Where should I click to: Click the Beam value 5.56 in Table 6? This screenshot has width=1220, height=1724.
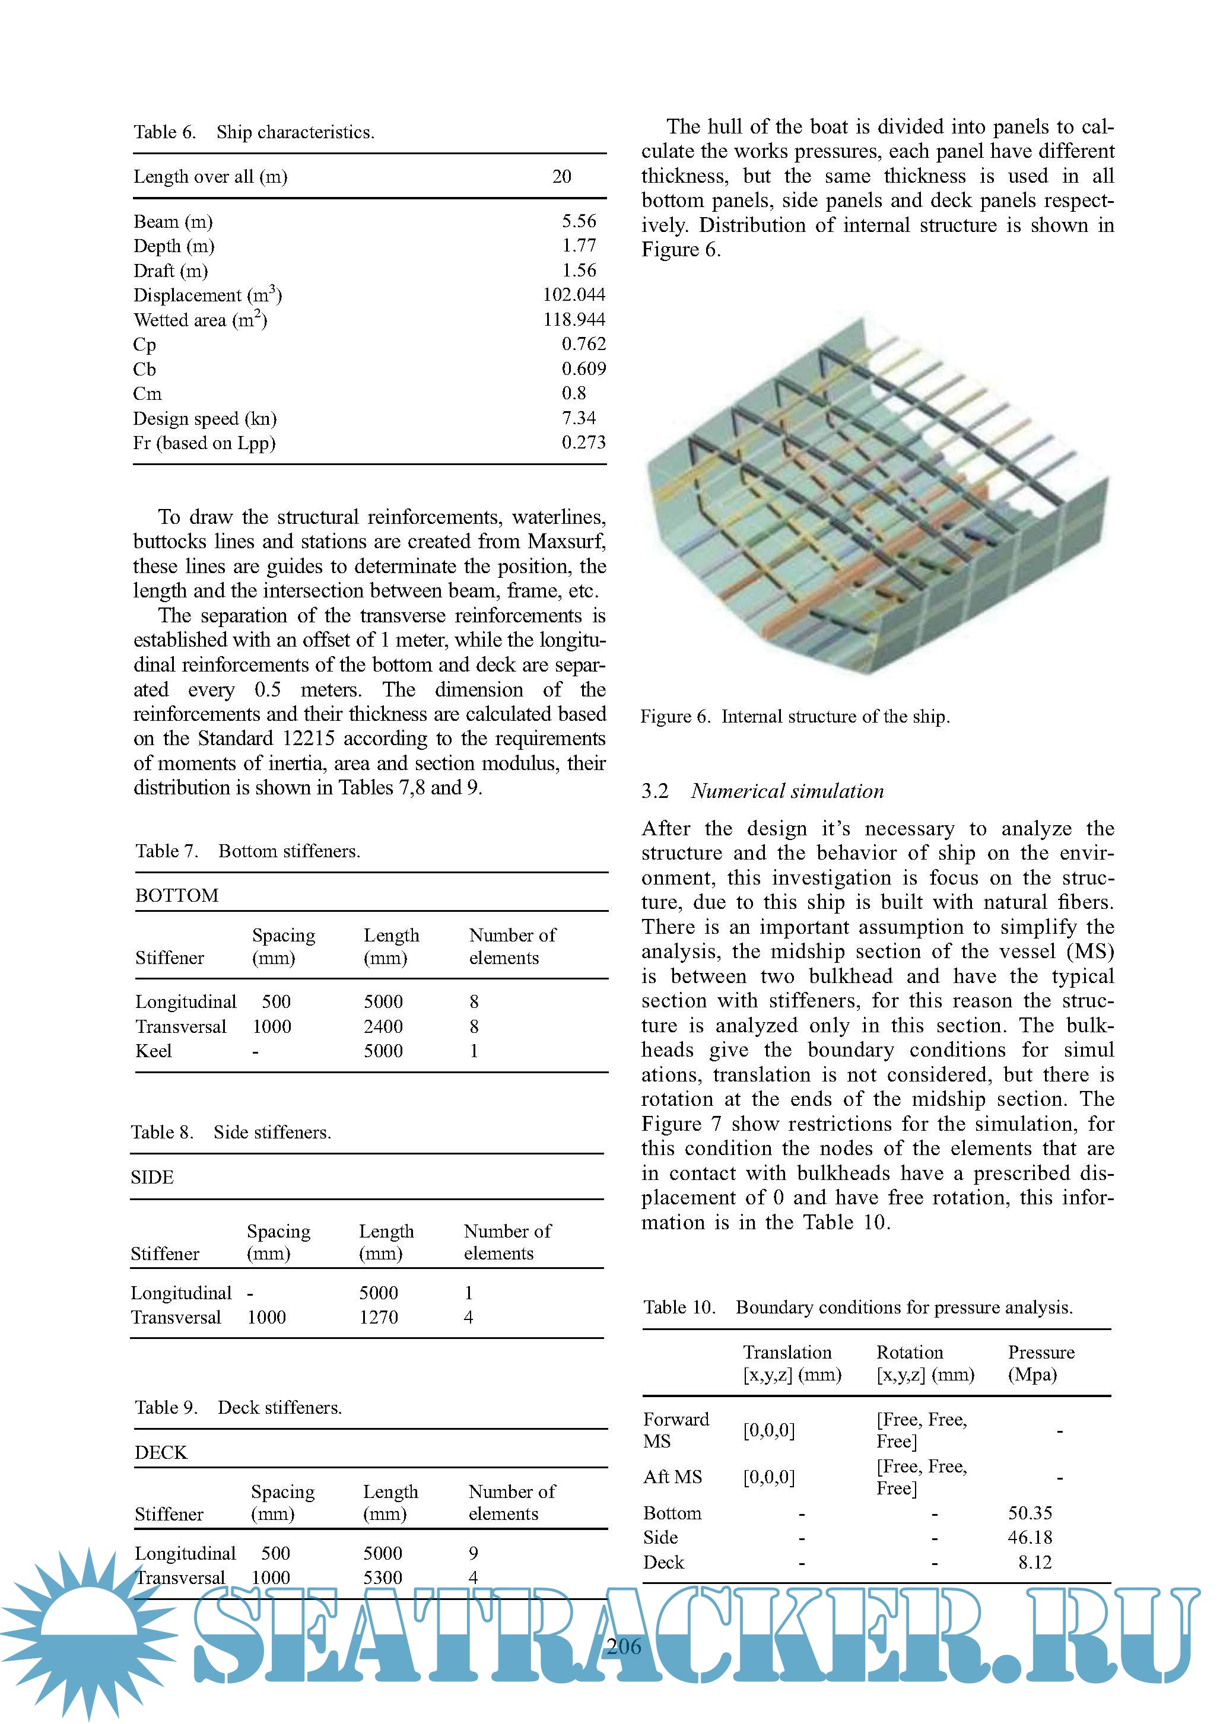579,221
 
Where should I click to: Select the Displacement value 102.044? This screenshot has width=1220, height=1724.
574,294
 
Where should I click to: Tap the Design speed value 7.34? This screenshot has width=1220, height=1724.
579,418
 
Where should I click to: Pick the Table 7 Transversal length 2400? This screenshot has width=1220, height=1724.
383,1026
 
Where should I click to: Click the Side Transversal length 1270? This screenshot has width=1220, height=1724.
378,1317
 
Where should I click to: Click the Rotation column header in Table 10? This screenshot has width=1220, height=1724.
910,1351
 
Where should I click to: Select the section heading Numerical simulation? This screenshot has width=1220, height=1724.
787,791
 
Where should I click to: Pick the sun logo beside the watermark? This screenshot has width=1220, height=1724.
88,1630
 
